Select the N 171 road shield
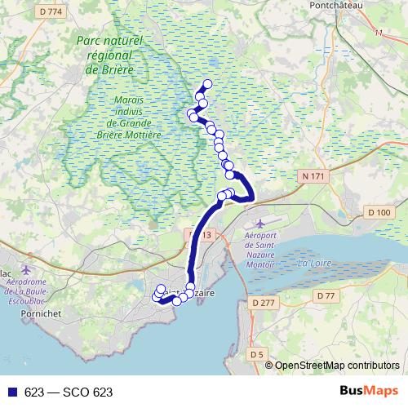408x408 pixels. pyautogui.click(x=312, y=176)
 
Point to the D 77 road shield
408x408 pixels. pyautogui.click(x=326, y=295)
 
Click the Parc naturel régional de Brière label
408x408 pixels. pyautogui.click(x=115, y=55)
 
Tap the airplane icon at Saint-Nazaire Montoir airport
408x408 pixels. pyautogui.click(x=259, y=223)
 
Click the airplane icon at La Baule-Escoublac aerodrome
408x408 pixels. pyautogui.click(x=28, y=269)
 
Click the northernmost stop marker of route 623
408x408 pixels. pyautogui.click(x=207, y=83)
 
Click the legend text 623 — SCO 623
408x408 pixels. pyautogui.click(x=68, y=392)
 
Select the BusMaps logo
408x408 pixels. pyautogui.click(x=373, y=391)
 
